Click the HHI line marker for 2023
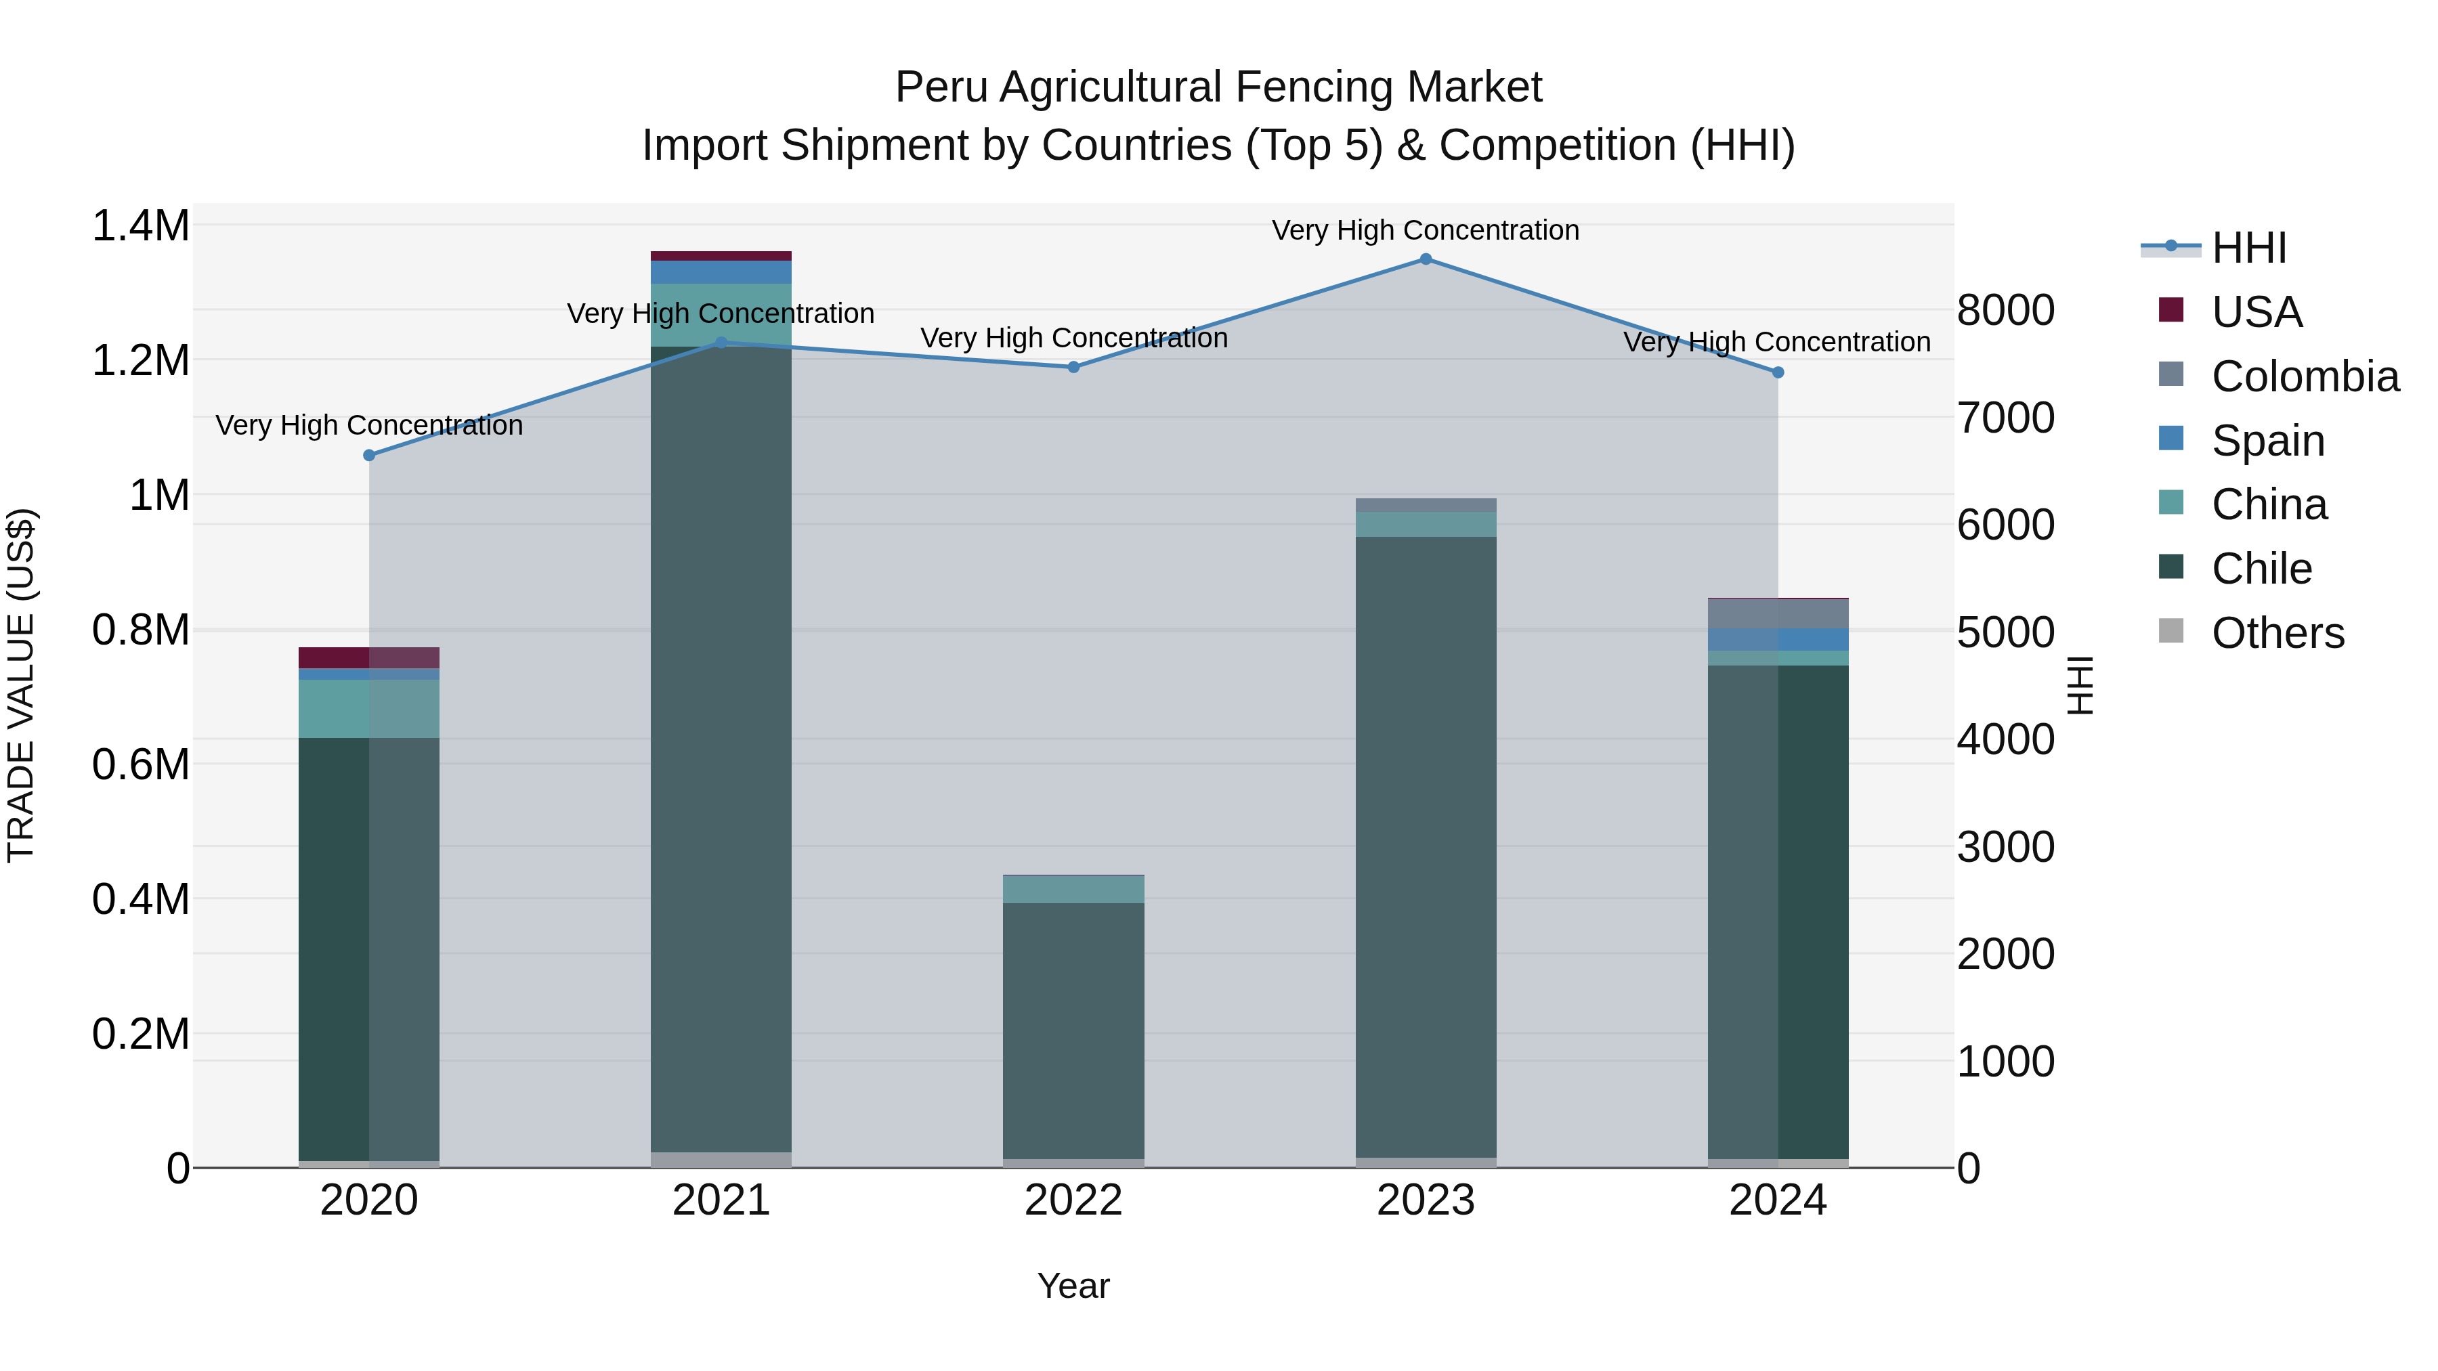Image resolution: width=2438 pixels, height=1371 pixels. coord(1426,259)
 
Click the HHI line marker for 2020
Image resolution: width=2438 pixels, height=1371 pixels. coord(369,455)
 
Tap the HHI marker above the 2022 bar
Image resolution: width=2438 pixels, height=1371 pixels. coord(1073,367)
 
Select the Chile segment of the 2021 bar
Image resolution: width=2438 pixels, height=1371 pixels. coord(721,747)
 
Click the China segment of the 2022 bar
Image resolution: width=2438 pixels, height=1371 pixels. coord(1073,890)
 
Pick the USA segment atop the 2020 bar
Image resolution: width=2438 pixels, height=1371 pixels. coord(369,657)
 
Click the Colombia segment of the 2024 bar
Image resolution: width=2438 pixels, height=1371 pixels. coord(1778,614)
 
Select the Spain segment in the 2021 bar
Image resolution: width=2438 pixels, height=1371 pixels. coord(721,272)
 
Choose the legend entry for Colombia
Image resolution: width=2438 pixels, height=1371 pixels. coord(2305,376)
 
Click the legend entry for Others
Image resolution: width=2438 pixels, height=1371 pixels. coord(2277,633)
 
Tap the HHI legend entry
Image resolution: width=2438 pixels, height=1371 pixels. coord(2248,248)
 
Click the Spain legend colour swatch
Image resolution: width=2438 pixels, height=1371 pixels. coord(2171,439)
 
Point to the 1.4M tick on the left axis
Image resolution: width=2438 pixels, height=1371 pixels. coord(140,226)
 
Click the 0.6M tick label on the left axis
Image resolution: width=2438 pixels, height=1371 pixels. coord(140,764)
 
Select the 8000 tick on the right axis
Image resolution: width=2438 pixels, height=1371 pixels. coord(2005,310)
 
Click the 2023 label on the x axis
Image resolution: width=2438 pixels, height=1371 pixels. coord(1426,1200)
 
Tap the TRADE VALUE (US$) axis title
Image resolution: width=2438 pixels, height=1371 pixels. coord(21,685)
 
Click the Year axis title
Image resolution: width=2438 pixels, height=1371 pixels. coord(1073,1286)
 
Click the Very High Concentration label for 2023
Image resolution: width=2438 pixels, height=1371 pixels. coord(1426,230)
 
